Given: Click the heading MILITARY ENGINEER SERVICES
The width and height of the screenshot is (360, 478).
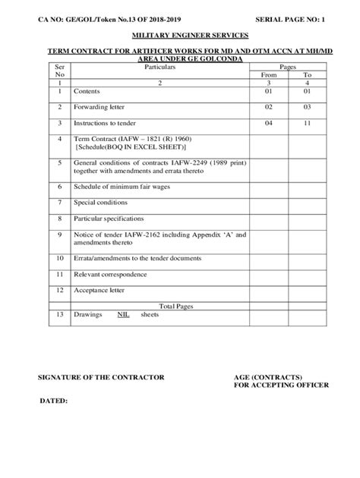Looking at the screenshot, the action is [179, 35].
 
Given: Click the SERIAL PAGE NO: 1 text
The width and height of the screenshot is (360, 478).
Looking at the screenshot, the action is [289, 9].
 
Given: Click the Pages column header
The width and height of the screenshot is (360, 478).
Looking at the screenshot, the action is [287, 68].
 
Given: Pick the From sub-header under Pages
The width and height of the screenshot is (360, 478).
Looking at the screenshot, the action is [268, 75].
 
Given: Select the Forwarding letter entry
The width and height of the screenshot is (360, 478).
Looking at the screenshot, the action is [99, 108].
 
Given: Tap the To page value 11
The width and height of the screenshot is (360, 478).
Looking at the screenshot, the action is [307, 123].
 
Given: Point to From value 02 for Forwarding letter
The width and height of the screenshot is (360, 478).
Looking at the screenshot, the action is [268, 108].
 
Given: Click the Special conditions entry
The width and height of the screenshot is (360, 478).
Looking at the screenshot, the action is [99, 203].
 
